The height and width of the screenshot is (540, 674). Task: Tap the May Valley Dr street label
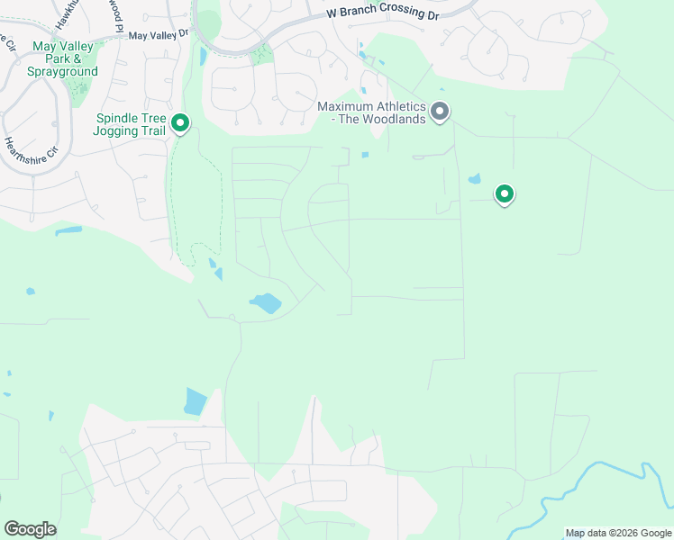tap(158, 35)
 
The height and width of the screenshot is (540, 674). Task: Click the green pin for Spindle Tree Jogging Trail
tap(180, 122)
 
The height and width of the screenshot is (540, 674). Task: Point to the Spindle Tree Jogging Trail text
tap(130, 124)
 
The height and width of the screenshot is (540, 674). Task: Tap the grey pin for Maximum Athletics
tap(440, 112)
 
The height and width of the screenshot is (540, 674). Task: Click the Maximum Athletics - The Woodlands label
tap(371, 113)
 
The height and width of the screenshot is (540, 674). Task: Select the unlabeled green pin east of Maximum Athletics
tap(505, 193)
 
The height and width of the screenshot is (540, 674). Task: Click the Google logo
tap(30, 529)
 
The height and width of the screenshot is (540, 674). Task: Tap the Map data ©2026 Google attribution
tap(618, 533)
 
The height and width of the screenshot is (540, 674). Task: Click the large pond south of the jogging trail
tap(266, 303)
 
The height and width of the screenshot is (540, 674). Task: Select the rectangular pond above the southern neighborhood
tap(195, 401)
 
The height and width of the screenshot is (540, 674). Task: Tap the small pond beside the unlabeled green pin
tap(475, 178)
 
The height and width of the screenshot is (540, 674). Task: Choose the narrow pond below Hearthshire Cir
tap(68, 230)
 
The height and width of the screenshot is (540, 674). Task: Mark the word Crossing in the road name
tap(402, 13)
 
